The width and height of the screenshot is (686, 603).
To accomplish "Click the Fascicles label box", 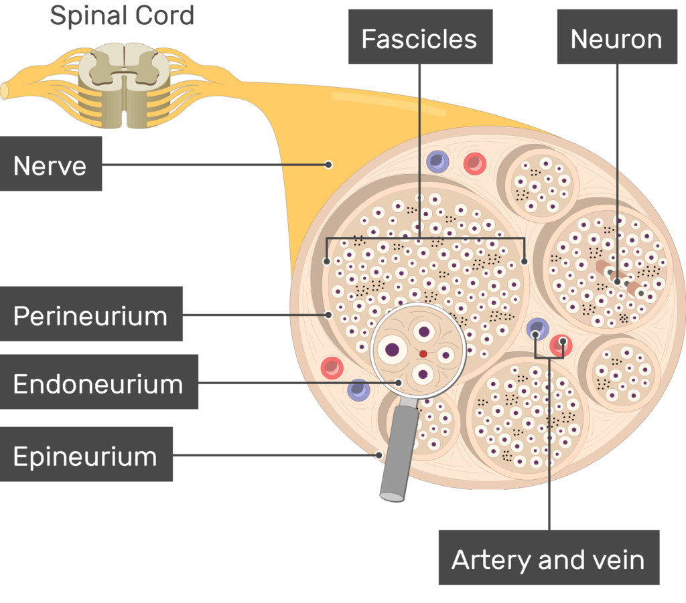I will point(419,38).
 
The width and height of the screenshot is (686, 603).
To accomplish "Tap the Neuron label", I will point(616,38).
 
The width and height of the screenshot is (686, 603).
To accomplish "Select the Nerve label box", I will point(50,165).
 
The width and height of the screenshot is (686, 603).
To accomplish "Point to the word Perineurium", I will point(90,315).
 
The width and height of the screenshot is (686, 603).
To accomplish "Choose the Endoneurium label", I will point(98,383).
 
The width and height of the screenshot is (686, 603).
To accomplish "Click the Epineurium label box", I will point(86,456).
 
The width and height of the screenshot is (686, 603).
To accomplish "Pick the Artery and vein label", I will point(548,559).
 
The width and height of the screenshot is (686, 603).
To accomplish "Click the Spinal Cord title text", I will point(122,15).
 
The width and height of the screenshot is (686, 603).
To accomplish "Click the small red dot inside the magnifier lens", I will point(423,353).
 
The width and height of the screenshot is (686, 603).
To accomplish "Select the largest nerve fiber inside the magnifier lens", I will point(391,349).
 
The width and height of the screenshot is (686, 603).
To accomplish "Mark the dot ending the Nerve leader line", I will point(328,164).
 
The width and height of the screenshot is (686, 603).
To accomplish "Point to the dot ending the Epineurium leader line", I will point(379,456).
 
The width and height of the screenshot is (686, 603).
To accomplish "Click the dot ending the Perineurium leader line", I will point(328,314).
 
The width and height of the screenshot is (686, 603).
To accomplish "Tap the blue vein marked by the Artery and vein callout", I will point(537,329).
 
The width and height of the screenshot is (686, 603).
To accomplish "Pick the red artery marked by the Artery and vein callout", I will point(561,344).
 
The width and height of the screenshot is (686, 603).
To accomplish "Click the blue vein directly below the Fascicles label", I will point(437,161).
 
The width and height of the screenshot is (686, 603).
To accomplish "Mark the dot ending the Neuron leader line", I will point(617,282).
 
